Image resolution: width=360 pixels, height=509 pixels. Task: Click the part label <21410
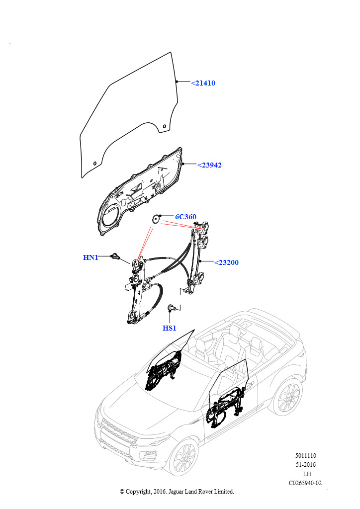coord(203,83)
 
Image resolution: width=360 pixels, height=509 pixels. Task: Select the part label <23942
coord(209,165)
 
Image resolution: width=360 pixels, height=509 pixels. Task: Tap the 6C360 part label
coord(185,217)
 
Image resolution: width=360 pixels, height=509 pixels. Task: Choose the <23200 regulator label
coord(226,262)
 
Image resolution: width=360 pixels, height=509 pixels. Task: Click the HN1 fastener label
coord(90,257)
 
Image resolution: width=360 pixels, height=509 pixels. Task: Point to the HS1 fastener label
coord(169,328)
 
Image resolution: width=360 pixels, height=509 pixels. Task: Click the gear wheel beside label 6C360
coord(156,219)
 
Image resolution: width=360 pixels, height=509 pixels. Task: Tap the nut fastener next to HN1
coord(115,256)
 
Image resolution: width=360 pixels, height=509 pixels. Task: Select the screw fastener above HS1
coord(172,307)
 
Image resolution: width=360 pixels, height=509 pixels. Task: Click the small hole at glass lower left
coord(95,163)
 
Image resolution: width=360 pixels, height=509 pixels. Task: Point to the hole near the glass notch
coord(164,126)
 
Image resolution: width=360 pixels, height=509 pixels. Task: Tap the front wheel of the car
coord(184,458)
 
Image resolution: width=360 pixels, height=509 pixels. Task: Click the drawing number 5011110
coord(305,455)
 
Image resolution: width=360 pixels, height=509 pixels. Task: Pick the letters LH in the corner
coord(307,474)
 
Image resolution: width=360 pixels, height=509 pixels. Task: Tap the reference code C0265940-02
coord(305,483)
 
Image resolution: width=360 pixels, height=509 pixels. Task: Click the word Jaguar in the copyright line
coord(176,492)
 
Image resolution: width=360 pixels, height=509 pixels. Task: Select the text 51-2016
coord(306,465)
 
